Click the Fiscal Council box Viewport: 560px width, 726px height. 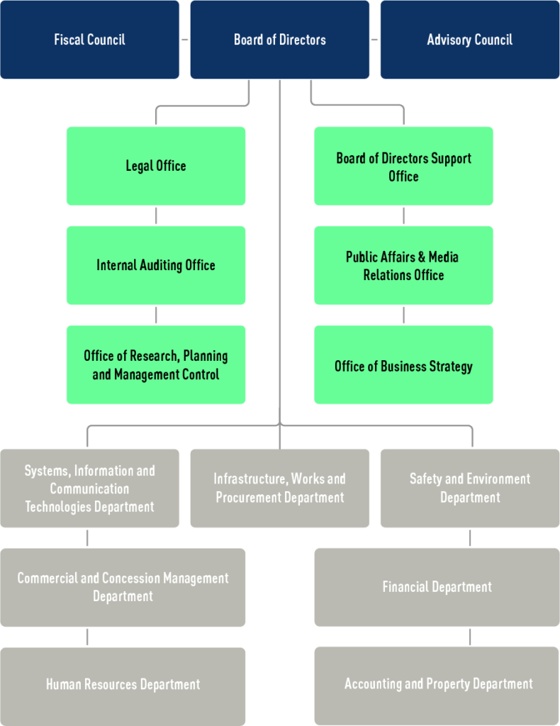[89, 40]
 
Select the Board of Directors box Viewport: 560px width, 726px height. [279, 40]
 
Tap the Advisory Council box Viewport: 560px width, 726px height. [470, 40]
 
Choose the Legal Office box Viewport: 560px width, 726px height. [156, 166]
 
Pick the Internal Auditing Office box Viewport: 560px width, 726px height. [156, 265]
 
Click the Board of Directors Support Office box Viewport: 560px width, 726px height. [403, 166]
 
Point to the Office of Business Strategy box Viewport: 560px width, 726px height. [403, 365]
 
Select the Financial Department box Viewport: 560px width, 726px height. [437, 587]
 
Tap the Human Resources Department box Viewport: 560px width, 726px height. [123, 686]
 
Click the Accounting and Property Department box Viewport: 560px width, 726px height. [437, 686]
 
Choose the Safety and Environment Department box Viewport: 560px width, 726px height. [470, 488]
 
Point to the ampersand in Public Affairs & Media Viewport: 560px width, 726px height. [422, 257]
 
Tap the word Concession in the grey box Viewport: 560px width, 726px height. [131, 578]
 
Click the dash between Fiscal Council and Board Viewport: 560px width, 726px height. [185, 40]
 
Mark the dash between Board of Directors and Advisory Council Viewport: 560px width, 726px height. [374, 40]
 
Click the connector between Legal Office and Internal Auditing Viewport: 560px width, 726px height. [156, 216]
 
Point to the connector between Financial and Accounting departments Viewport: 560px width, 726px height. [470, 637]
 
